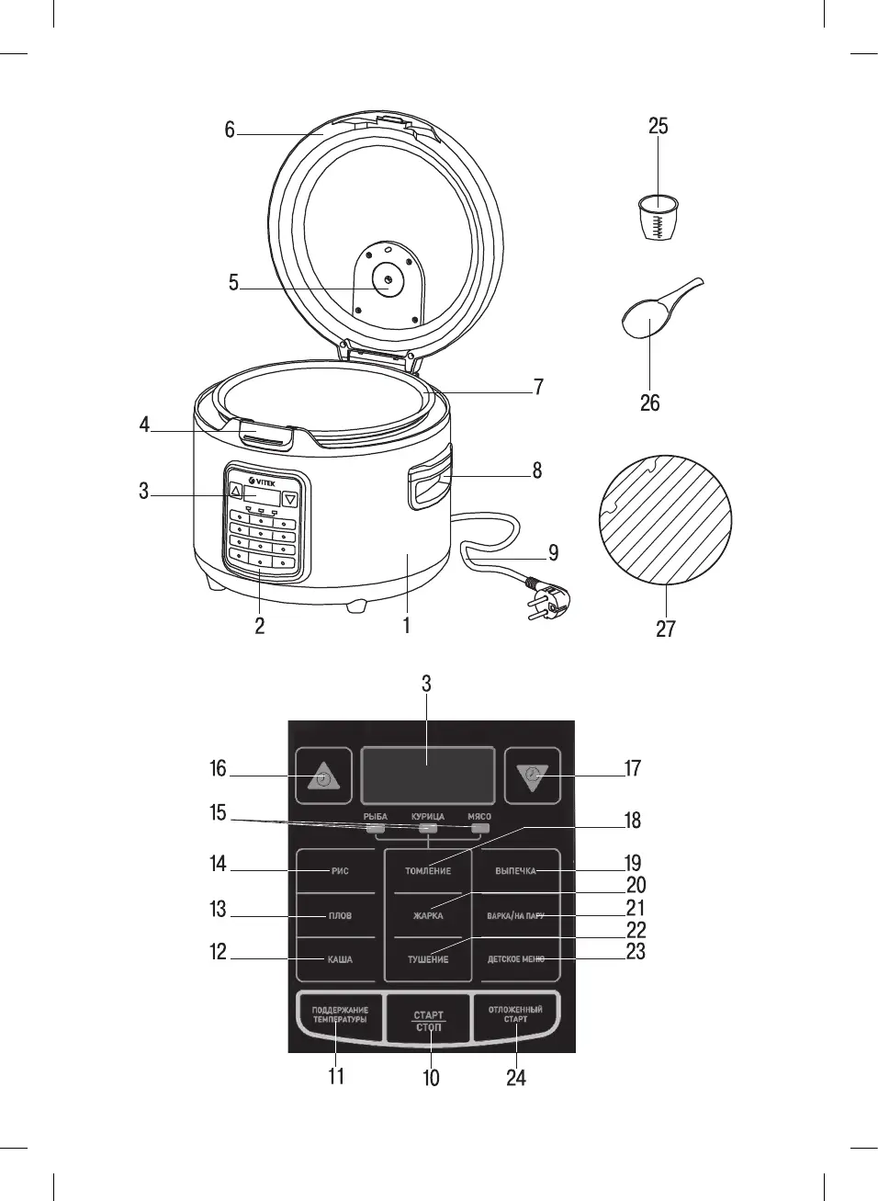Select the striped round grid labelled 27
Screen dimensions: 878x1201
point(666,519)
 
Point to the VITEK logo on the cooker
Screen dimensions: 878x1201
point(263,482)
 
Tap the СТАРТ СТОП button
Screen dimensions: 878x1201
point(428,1021)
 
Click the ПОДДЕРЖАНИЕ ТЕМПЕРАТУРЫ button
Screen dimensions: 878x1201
point(339,1014)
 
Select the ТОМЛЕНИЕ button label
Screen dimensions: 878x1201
point(428,870)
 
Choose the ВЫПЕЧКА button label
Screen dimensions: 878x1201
point(515,870)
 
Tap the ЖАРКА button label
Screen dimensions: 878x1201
point(428,915)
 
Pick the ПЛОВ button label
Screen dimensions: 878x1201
point(340,915)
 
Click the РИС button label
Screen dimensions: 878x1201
point(340,870)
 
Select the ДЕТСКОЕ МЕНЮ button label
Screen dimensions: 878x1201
point(515,958)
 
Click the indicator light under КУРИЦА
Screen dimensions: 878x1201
point(428,828)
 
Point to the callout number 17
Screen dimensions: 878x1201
point(633,768)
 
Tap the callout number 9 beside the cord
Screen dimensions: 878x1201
point(553,552)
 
